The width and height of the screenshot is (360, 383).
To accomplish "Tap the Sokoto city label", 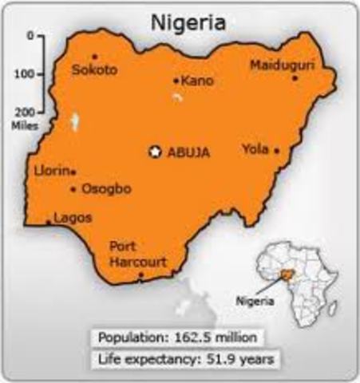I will [94, 69].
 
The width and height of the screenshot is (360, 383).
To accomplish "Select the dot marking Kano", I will [176, 81].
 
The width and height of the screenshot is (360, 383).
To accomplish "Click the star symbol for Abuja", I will [156, 151].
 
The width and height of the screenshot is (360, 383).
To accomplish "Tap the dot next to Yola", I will [277, 151].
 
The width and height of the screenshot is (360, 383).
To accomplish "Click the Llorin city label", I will [52, 171].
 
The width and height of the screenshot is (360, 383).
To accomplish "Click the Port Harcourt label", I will [137, 254].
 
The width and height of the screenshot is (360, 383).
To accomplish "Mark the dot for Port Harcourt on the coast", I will [141, 275].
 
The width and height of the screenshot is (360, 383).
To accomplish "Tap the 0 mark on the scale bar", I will [30, 36].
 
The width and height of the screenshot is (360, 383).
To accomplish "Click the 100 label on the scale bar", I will [26, 74].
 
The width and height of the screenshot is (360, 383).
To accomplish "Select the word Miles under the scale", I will [21, 124].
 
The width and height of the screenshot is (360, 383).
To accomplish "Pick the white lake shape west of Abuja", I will [74, 122].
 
